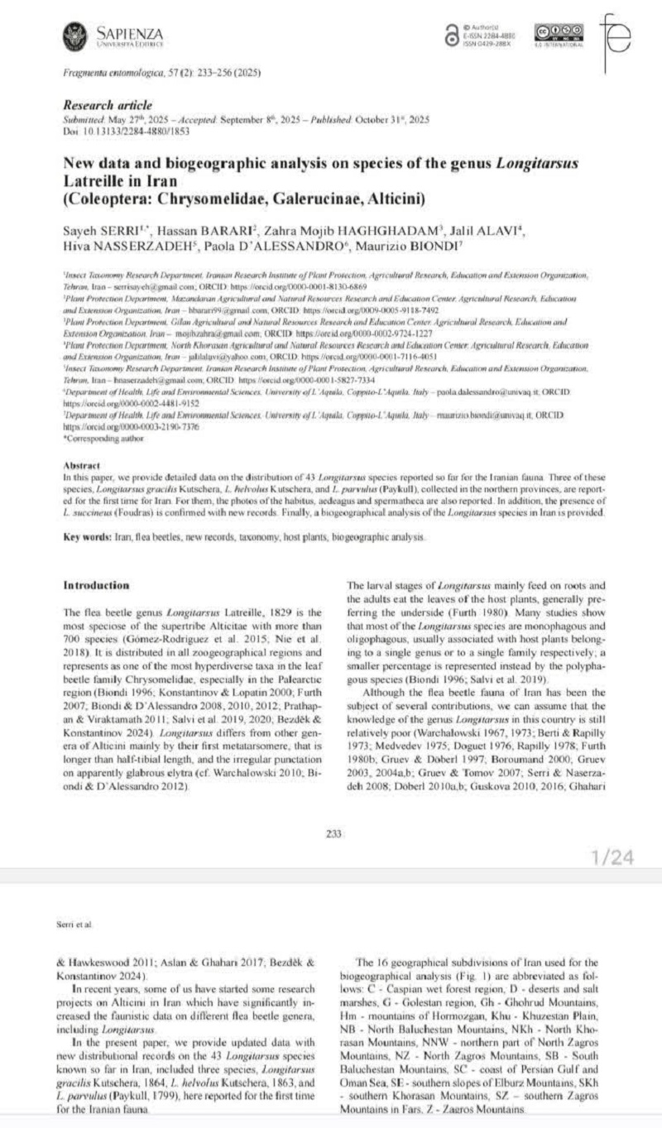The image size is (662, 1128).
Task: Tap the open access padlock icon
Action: point(451,36)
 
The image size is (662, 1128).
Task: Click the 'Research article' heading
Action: point(108,105)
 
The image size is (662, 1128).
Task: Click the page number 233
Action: point(334,833)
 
